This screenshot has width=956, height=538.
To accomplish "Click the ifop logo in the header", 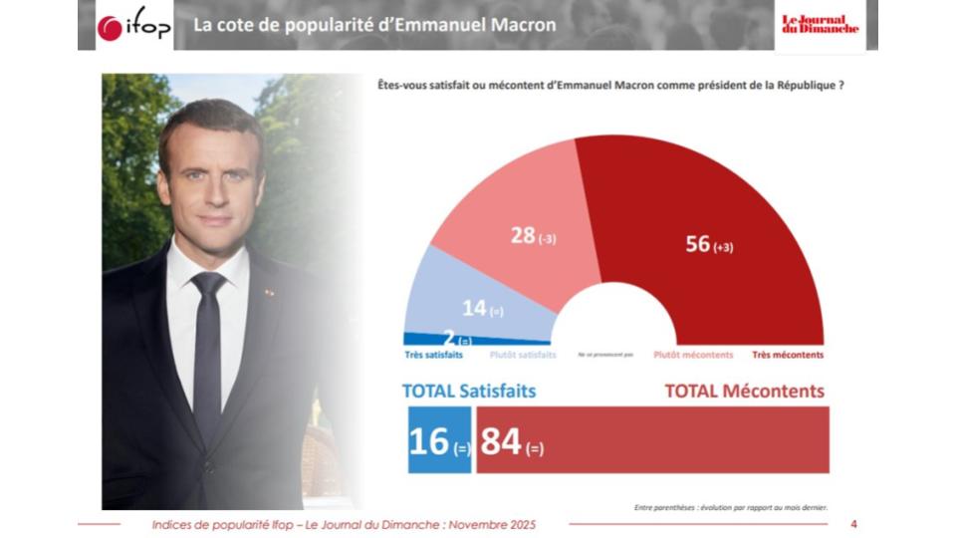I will point(134,27).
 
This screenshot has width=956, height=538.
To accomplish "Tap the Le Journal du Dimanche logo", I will point(819,25).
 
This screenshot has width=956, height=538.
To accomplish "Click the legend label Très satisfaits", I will point(432,355).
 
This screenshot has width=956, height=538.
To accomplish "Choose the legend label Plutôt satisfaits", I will point(523,355).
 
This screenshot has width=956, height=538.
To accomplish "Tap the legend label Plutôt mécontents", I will point(693,355).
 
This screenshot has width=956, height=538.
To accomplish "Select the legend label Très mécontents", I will point(788,355).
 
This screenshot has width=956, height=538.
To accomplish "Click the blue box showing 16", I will point(438,440).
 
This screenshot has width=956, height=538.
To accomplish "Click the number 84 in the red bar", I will point(501,440).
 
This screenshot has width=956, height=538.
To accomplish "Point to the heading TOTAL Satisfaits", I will point(468,392).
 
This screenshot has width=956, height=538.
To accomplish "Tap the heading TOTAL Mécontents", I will point(745,392).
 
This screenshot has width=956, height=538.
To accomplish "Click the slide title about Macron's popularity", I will point(374,25).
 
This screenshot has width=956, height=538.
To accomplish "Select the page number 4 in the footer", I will point(853,524).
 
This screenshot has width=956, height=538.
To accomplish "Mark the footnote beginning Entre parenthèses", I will point(730,507).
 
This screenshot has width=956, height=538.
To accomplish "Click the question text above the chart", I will point(611,86).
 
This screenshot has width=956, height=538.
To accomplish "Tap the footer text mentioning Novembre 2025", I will point(344,524).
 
